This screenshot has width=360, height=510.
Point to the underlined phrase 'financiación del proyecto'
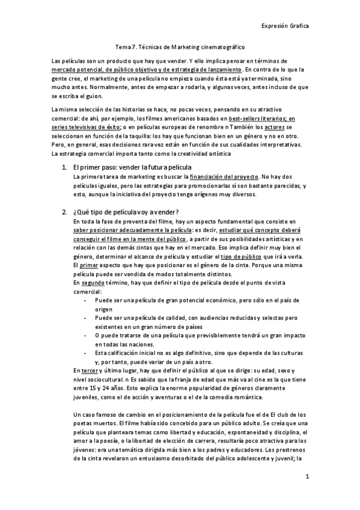click(222, 177)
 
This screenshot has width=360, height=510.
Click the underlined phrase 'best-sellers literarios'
click(248, 119)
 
